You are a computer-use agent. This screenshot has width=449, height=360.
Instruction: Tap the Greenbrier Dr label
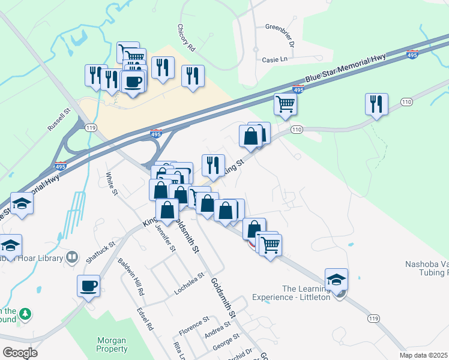[280, 35]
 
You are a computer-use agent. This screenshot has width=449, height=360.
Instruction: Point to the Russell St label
[59, 119]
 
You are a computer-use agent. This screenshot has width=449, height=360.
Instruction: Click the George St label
[226, 346]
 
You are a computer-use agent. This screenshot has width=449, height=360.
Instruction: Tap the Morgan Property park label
[112, 344]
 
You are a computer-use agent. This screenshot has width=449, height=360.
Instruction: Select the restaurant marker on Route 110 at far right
[376, 104]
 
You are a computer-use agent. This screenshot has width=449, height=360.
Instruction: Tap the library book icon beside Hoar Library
[72, 258]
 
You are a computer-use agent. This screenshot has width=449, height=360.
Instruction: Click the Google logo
[20, 353]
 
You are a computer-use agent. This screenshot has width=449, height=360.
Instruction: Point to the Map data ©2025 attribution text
[424, 355]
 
